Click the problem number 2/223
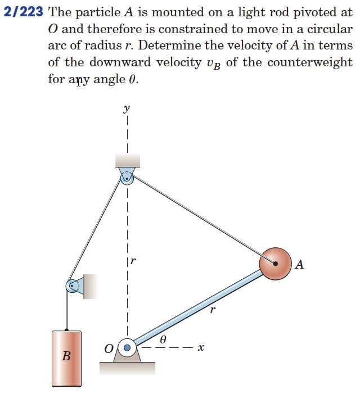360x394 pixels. [x=24, y=13]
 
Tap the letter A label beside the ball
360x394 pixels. [x=299, y=264]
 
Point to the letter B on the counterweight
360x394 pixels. [x=66, y=356]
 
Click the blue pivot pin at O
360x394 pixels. [x=127, y=348]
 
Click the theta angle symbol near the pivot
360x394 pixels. [x=163, y=339]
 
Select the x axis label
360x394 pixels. [x=201, y=348]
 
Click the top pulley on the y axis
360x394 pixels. [x=127, y=178]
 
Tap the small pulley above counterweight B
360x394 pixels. [x=73, y=286]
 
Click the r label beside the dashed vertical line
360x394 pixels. [x=133, y=261]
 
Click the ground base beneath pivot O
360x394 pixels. [x=127, y=368]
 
